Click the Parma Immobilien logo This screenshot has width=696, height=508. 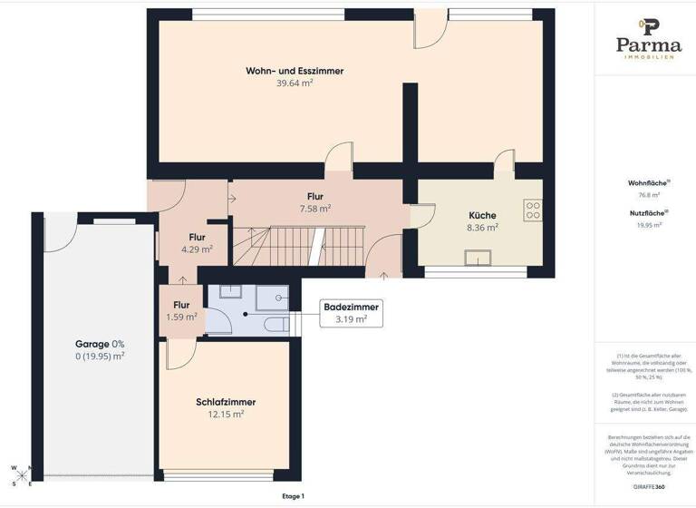click(648, 38)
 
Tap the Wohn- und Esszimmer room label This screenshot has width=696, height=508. click(295, 71)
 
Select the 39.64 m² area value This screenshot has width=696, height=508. click(295, 83)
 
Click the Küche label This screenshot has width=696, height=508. click(482, 215)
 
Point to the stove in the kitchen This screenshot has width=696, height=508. click(533, 211)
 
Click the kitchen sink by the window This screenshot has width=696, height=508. click(476, 259)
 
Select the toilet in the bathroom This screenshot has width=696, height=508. click(277, 324)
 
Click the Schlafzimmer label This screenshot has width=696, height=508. click(226, 402)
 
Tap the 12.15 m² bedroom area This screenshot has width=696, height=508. click(226, 415)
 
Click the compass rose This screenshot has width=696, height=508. click(22, 475)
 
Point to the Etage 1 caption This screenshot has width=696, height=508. click(293, 496)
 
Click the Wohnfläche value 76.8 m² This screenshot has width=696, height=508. click(648, 195)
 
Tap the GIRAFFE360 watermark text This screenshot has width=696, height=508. click(648, 487)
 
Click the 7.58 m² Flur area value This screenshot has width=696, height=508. click(314, 208)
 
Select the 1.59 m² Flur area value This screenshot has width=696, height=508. click(181, 317)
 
